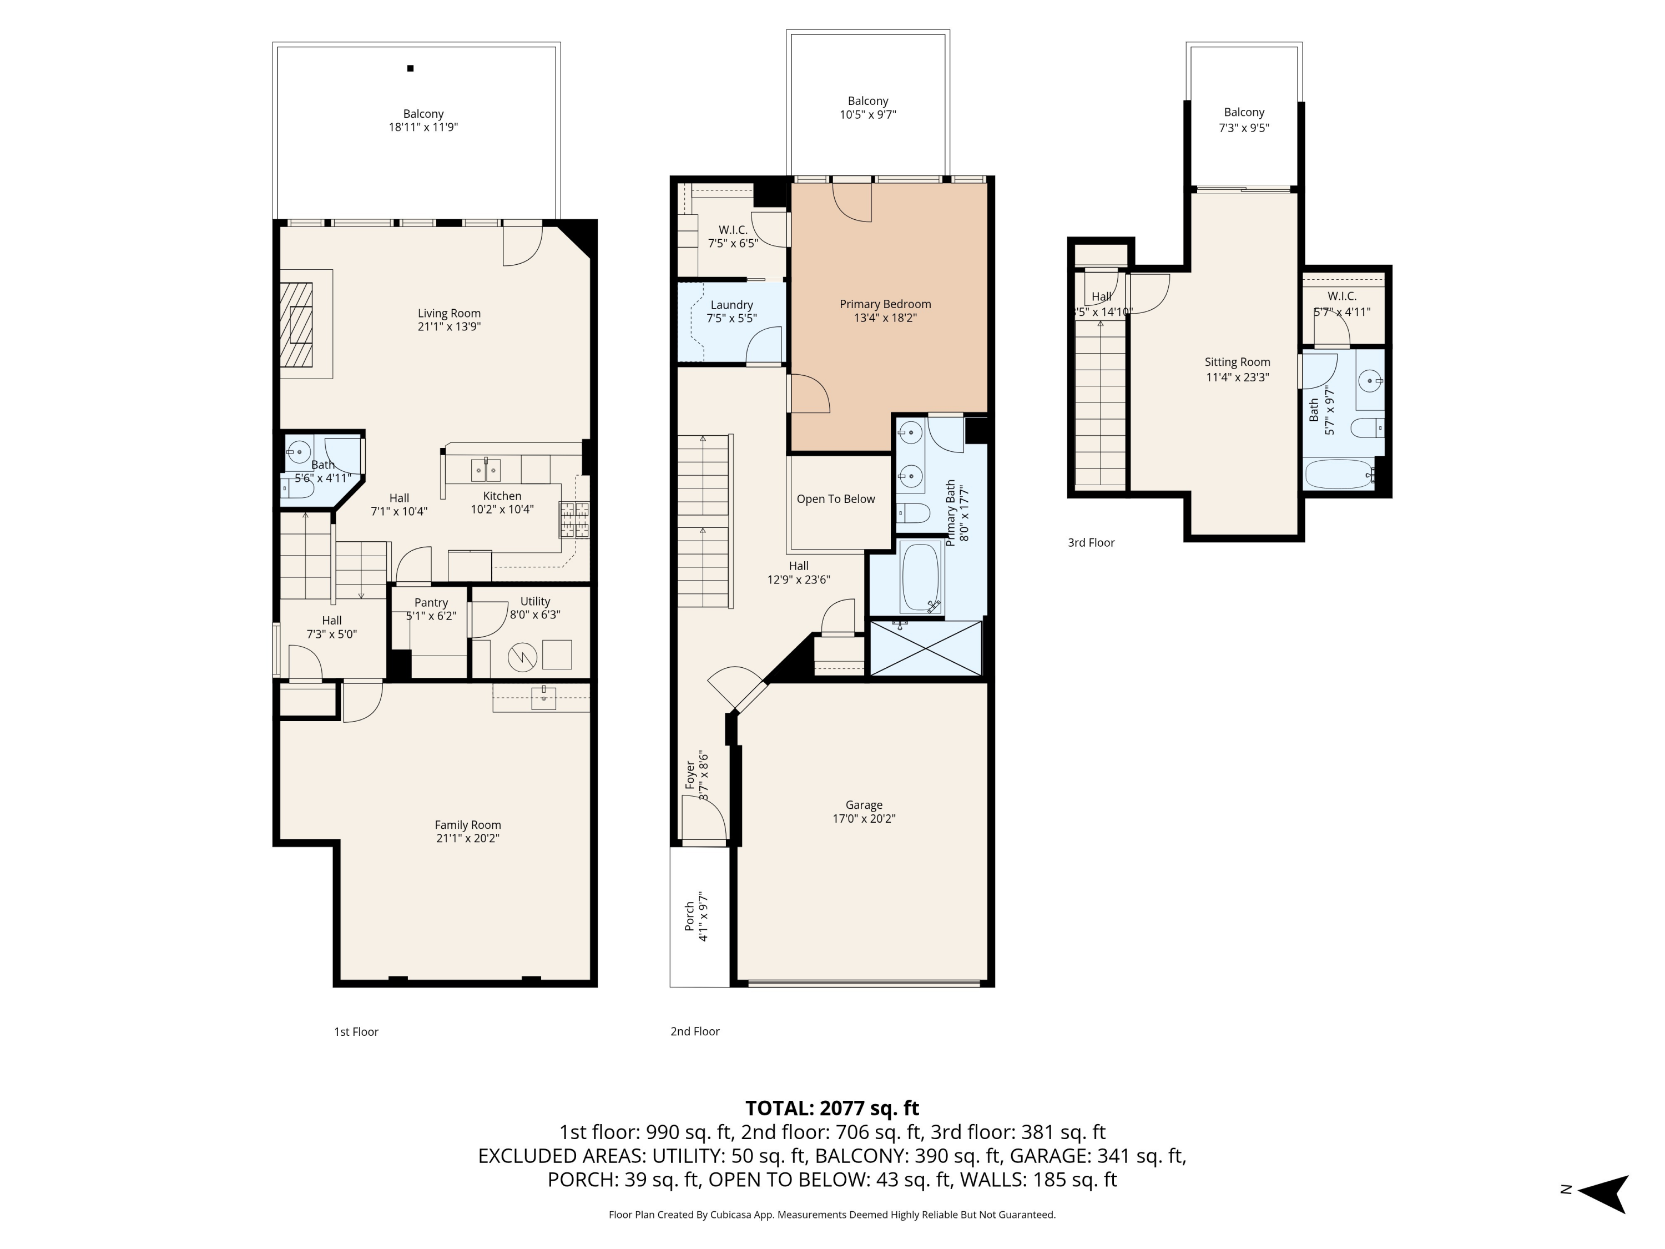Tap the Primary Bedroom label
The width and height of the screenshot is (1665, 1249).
tap(885, 311)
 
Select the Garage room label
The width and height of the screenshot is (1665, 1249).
tap(864, 812)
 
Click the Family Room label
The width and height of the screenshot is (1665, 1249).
tap(467, 831)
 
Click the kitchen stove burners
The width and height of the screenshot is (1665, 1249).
tap(573, 520)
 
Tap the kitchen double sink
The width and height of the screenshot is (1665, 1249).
tap(486, 470)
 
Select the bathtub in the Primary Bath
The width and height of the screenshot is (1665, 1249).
tap(921, 577)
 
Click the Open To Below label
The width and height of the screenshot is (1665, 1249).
tap(835, 499)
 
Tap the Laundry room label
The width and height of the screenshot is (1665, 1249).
tap(731, 311)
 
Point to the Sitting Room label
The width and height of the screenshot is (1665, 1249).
tap(1238, 370)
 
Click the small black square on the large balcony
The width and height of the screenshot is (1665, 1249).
tap(410, 68)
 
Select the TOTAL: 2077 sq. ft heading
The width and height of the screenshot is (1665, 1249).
tap(832, 1108)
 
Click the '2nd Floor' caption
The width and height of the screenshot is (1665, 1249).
tap(695, 1031)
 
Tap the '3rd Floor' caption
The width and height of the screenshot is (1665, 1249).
tap(1091, 542)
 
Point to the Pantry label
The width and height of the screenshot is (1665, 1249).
tap(431, 609)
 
